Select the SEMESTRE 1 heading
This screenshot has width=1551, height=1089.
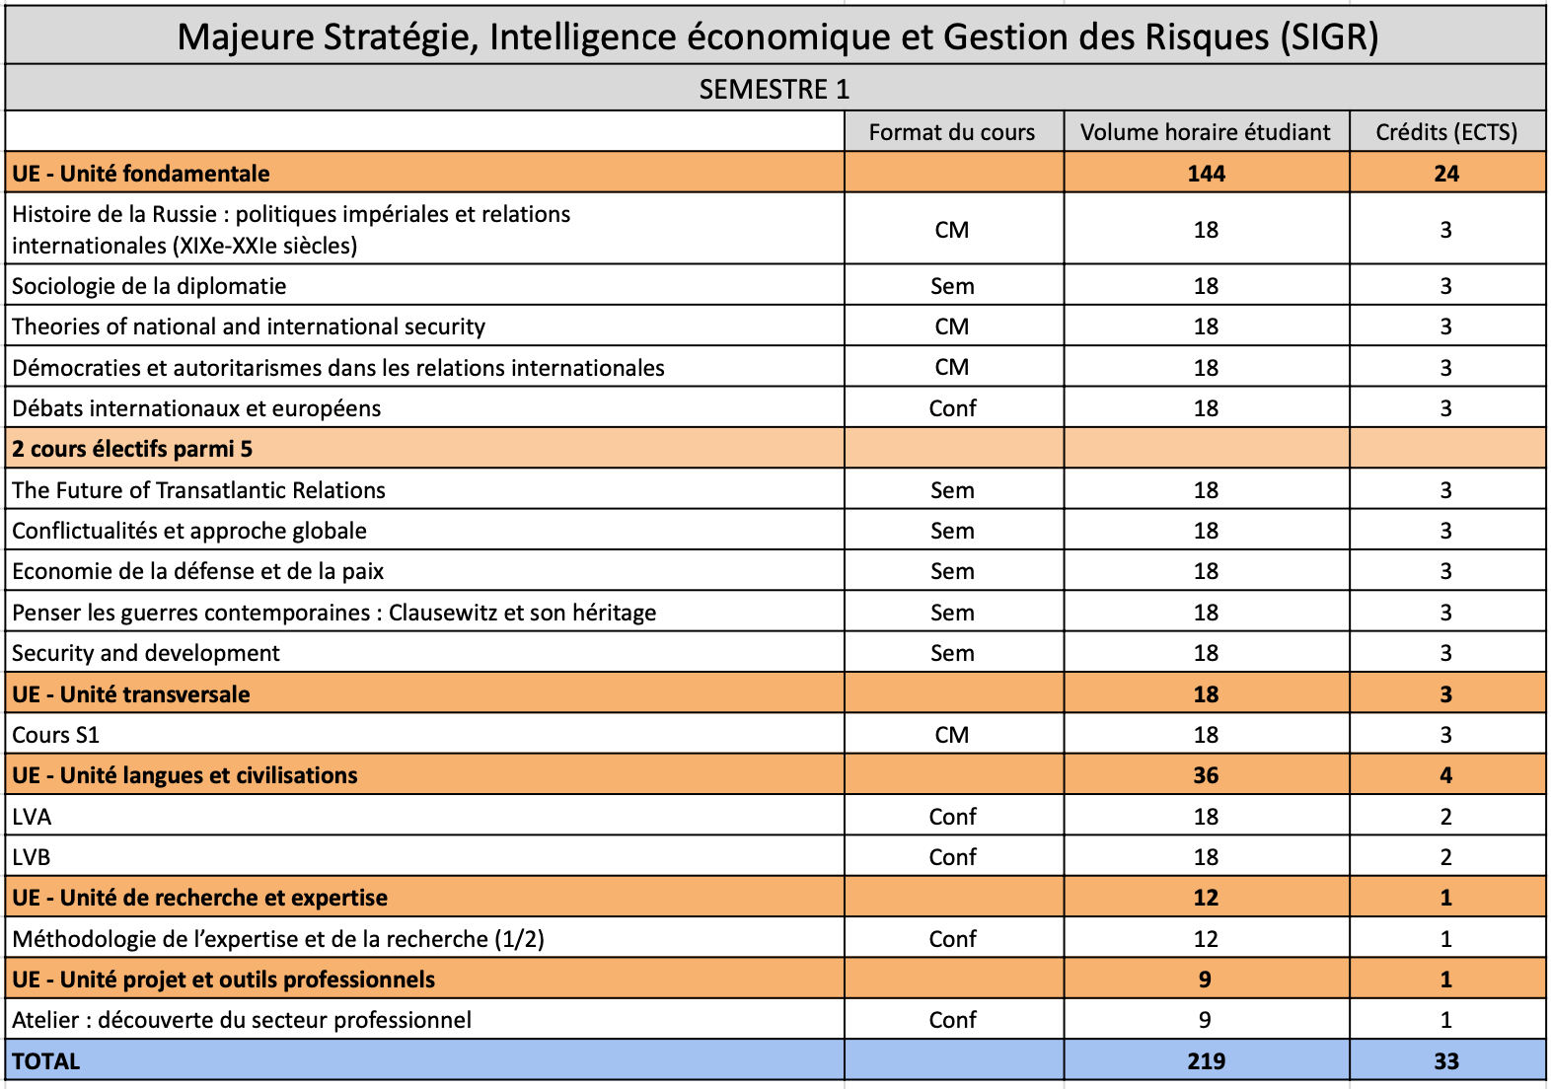click(x=775, y=90)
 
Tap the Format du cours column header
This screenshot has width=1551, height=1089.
click(x=952, y=132)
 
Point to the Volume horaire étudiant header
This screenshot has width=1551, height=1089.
click(x=1205, y=132)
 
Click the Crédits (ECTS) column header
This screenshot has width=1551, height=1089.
click(x=1446, y=132)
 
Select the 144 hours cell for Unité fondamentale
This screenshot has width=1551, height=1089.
click(x=1206, y=174)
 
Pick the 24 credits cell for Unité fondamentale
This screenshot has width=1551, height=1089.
click(x=1446, y=174)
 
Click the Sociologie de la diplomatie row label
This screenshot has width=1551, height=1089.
click(x=149, y=286)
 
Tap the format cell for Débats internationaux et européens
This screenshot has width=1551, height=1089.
click(x=952, y=408)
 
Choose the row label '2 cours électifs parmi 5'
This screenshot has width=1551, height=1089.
click(x=132, y=449)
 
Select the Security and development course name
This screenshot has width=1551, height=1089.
click(x=146, y=653)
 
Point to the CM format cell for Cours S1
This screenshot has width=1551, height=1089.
click(x=952, y=735)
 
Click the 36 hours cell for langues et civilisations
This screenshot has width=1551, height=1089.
click(x=1206, y=775)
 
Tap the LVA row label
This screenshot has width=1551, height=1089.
click(x=32, y=817)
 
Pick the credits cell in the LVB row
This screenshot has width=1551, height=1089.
click(x=1446, y=857)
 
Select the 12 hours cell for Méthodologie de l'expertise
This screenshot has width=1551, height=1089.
click(x=1206, y=939)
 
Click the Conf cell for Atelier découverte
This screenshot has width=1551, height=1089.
click(x=952, y=1020)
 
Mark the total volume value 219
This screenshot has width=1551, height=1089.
click(x=1206, y=1061)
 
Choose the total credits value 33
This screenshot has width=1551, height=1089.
click(x=1446, y=1061)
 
